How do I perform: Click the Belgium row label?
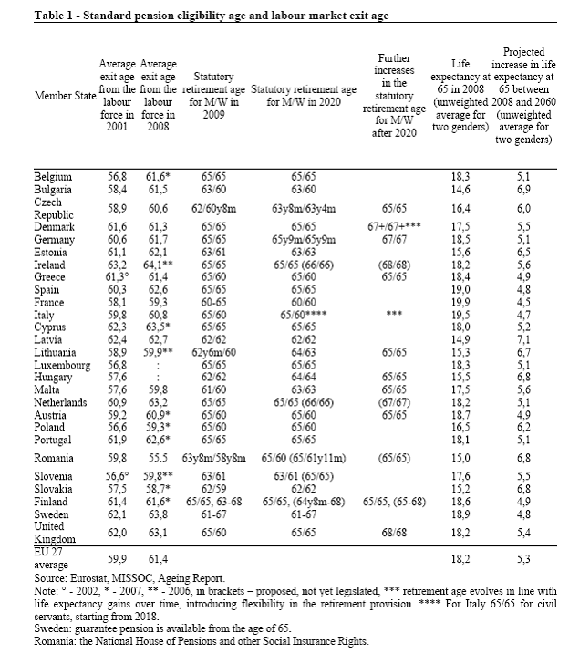[x=53, y=175]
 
